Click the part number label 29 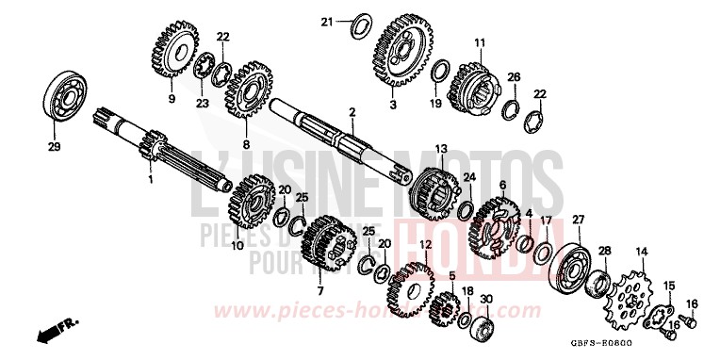[x=53, y=147]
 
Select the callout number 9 [x=172, y=97]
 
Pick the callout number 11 [x=479, y=42]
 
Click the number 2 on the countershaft [x=352, y=113]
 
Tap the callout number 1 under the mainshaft [x=151, y=177]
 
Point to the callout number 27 [x=577, y=219]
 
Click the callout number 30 [x=486, y=300]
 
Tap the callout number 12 [x=425, y=244]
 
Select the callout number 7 [x=319, y=290]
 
